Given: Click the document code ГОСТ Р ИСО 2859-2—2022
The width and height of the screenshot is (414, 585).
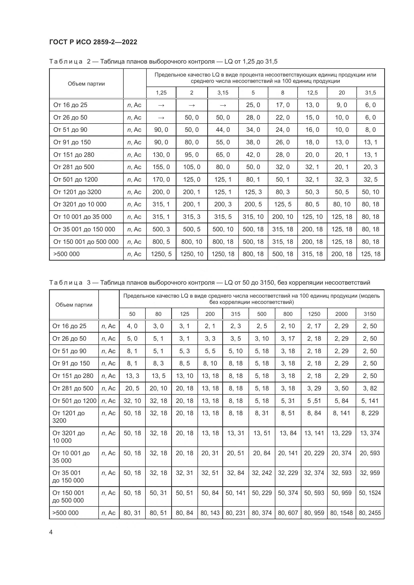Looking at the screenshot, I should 93,42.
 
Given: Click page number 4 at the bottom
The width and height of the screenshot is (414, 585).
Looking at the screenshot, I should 51,532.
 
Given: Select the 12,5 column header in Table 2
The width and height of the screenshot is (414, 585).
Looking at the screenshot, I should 312,93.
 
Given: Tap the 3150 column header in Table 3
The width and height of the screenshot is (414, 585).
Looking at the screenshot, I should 370,314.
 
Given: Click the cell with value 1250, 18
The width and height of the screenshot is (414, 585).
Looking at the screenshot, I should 223,254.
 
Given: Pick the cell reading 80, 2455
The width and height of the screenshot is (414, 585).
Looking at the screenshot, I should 370,513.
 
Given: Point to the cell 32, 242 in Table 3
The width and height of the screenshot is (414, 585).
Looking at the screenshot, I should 262,473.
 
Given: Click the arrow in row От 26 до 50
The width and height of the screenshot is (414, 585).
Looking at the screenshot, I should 161,118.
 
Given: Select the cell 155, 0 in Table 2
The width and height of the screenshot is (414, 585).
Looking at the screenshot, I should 161,167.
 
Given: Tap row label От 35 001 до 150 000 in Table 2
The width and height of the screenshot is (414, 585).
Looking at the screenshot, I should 84,229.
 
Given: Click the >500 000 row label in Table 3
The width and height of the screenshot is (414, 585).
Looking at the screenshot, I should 66,513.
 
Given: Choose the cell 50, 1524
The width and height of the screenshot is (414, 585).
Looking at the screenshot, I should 370,493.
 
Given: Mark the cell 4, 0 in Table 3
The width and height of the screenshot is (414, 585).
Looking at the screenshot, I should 132,326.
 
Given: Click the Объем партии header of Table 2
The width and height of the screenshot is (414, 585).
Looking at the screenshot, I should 86,84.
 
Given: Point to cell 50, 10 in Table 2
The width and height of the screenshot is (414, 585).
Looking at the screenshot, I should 370,192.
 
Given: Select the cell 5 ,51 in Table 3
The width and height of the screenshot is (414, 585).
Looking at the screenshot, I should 314,401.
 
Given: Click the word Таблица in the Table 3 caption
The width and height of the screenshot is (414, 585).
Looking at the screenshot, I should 66,283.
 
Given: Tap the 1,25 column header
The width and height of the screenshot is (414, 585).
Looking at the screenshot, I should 161,93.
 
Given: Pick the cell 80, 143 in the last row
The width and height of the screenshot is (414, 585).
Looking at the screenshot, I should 210,513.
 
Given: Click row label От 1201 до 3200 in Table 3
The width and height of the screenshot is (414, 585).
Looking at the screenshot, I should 68,417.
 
